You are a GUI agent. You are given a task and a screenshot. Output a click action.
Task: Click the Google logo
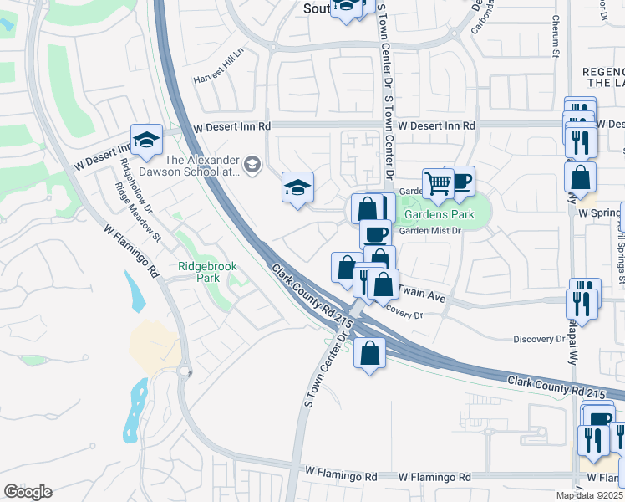pyautogui.click(x=28, y=492)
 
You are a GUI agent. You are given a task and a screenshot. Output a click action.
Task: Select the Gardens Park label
pyautogui.click(x=440, y=215)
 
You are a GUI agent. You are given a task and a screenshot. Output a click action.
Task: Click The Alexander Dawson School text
pyautogui.click(x=203, y=166)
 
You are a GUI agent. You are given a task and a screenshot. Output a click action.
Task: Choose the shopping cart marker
pyautogui.click(x=438, y=183)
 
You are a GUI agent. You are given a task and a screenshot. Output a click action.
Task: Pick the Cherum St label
pyautogui.click(x=555, y=37)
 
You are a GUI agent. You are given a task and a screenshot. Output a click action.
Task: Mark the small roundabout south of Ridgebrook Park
pyautogui.click(x=184, y=371)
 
